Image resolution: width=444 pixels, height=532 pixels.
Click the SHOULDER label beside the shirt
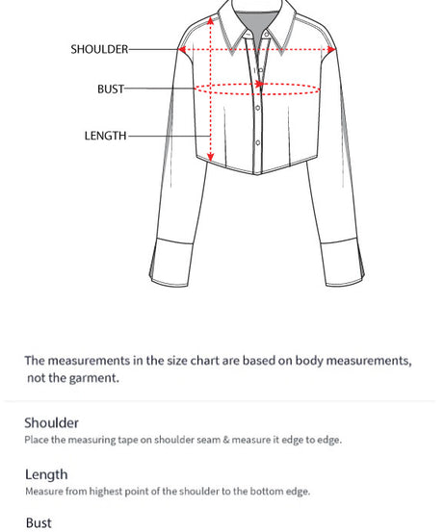(99, 49)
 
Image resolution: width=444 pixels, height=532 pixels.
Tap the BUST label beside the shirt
(111, 89)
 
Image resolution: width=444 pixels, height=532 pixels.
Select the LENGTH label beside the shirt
(105, 136)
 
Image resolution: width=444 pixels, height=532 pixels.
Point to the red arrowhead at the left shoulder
(182, 49)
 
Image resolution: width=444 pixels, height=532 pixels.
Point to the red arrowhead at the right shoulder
(331, 49)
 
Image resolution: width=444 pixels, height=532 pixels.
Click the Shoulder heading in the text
(52, 422)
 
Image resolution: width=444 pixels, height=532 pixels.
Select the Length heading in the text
(46, 474)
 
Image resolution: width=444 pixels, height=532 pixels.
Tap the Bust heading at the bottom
(39, 523)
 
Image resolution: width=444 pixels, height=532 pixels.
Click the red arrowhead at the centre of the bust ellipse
(259, 86)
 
